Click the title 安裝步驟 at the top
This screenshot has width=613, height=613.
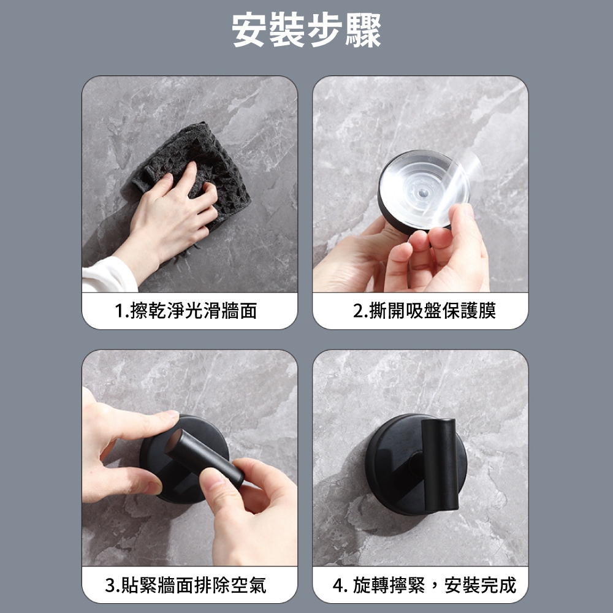[x=306, y=31]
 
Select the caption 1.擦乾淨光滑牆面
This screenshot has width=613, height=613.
[x=186, y=311]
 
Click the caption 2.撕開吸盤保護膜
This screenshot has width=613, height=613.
[x=425, y=311]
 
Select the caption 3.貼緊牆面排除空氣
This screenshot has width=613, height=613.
[x=186, y=585]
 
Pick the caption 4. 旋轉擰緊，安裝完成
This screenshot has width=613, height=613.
[x=425, y=585]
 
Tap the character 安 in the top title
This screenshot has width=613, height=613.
[x=249, y=31]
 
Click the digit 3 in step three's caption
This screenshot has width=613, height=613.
[x=110, y=585]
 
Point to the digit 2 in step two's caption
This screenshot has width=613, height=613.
[x=358, y=311]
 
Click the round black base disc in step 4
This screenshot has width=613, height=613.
[x=391, y=465]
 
